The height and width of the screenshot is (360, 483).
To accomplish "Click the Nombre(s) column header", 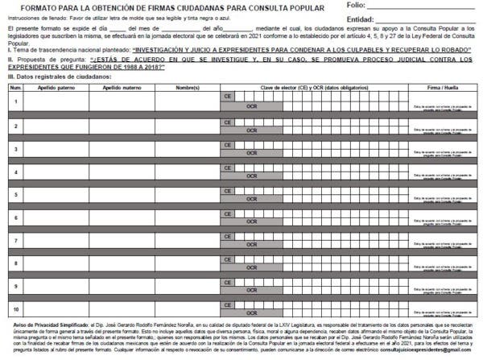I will (x=187, y=87).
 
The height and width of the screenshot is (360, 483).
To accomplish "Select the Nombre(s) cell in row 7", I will (x=187, y=240).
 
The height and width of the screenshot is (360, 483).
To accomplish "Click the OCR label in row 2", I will (x=252, y=130).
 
